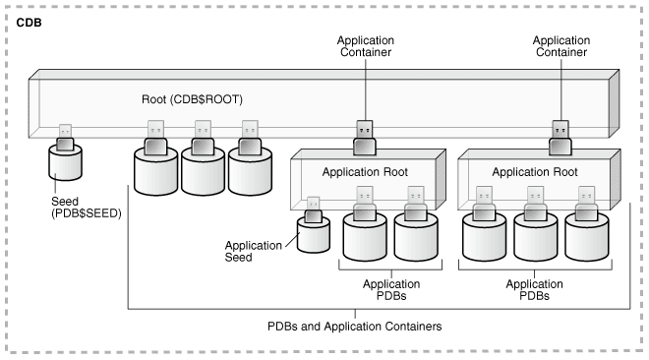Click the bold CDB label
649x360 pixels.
(29, 20)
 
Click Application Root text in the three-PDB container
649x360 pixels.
(536, 171)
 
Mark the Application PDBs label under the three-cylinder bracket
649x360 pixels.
(535, 287)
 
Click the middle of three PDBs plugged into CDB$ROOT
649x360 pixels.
(204, 167)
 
